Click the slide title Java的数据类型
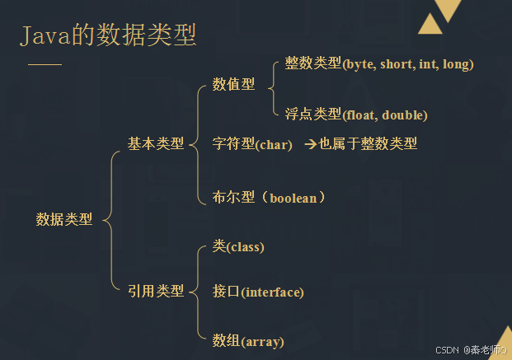coord(108,36)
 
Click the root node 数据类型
coord(64,220)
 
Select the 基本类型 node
coord(156,144)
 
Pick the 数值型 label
coord(233,84)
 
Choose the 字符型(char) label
coord(252,145)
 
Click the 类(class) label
coord(238,246)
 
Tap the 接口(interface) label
coord(258,292)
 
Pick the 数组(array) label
coord(247,339)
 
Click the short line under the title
coord(45,64)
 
